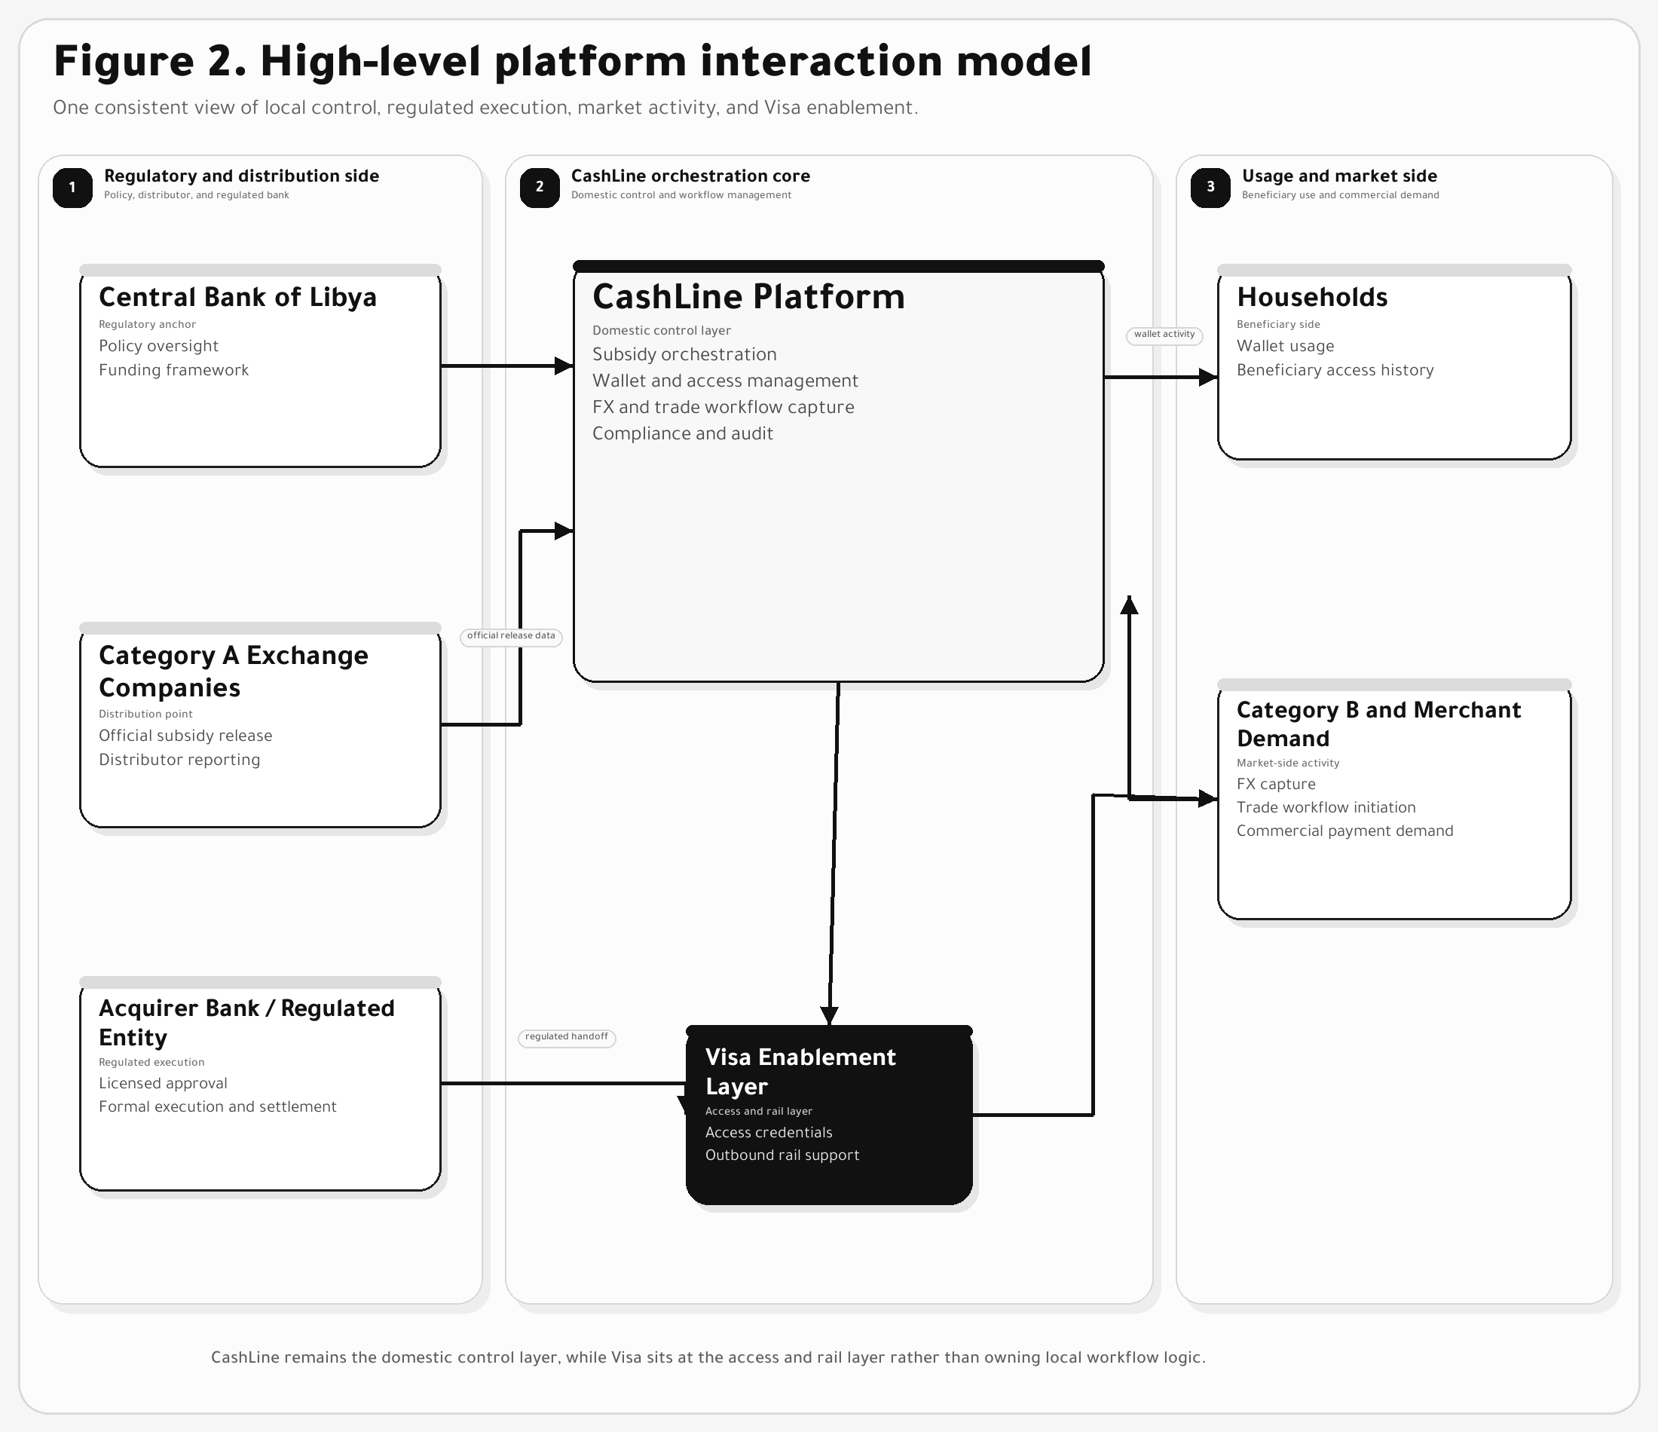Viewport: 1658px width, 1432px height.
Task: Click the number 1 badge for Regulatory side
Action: click(72, 188)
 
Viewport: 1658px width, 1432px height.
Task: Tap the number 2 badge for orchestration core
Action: click(540, 188)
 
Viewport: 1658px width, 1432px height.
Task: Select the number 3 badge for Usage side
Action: click(1210, 188)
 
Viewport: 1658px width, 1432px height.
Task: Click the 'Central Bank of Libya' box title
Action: click(237, 297)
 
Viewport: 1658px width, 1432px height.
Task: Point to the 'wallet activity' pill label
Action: click(1164, 335)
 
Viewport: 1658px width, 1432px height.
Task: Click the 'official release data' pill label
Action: click(510, 635)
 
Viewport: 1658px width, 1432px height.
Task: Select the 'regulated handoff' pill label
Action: click(567, 1036)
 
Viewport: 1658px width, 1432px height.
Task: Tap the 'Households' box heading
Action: click(1311, 297)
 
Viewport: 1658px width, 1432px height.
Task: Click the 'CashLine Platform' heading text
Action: click(748, 296)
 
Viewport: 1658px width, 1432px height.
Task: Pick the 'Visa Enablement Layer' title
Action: click(800, 1071)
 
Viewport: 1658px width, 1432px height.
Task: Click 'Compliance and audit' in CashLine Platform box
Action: click(683, 433)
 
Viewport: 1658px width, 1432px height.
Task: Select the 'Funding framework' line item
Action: click(173, 370)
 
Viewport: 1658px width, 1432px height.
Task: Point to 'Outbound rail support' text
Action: click(782, 1155)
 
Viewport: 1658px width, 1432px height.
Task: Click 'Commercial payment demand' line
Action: click(1344, 831)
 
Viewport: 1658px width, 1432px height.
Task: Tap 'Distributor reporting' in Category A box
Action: click(179, 760)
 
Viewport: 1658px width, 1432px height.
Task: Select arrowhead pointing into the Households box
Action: click(1208, 377)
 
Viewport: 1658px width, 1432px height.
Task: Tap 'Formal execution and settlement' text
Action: click(217, 1106)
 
